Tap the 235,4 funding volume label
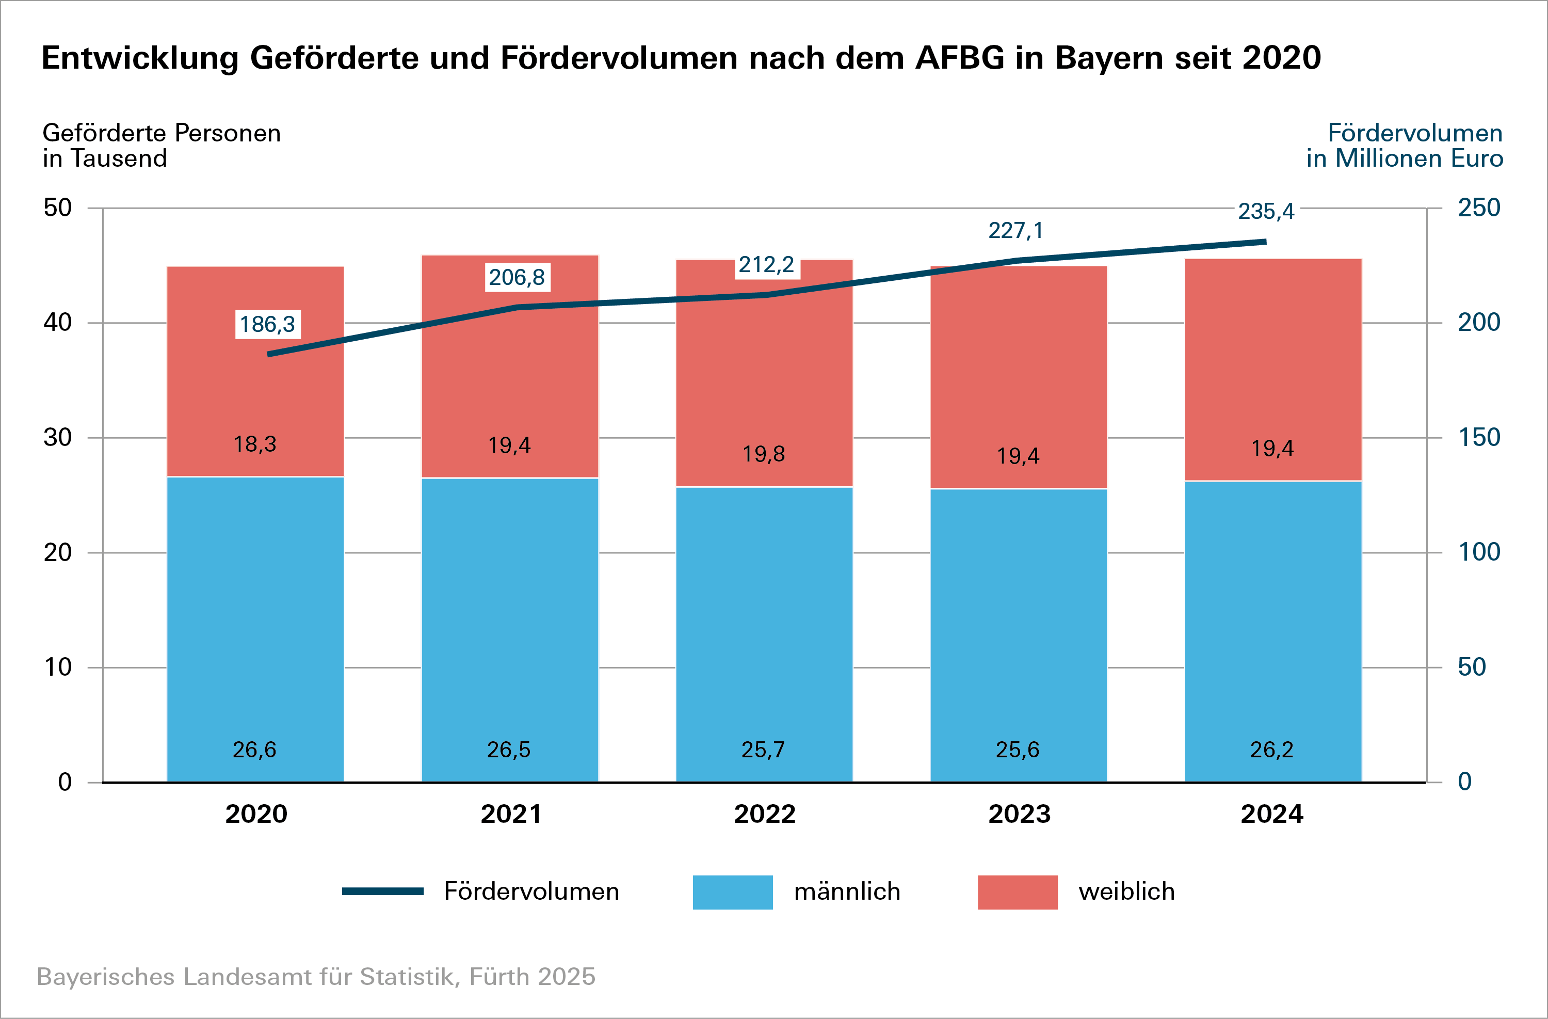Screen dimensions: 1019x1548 coord(1266,212)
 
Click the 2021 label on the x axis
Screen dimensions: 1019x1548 coord(510,814)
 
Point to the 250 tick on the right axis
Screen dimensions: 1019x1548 coord(1478,208)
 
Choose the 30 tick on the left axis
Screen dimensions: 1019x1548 coord(58,437)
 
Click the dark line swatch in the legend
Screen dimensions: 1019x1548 coord(383,891)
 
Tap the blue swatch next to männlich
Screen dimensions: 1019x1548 coord(732,892)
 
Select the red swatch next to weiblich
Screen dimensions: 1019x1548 coord(1017,892)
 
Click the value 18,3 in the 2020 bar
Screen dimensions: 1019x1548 coord(255,444)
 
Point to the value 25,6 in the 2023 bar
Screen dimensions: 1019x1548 coord(1018,750)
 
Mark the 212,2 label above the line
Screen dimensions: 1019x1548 coord(766,265)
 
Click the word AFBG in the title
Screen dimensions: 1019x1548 coord(959,58)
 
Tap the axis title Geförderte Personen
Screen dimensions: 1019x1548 coord(162,133)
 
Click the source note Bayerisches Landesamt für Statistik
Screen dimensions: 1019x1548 coord(315,977)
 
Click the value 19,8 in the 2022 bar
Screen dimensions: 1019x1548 coord(764,454)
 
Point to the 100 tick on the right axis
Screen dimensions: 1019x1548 coord(1478,552)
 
